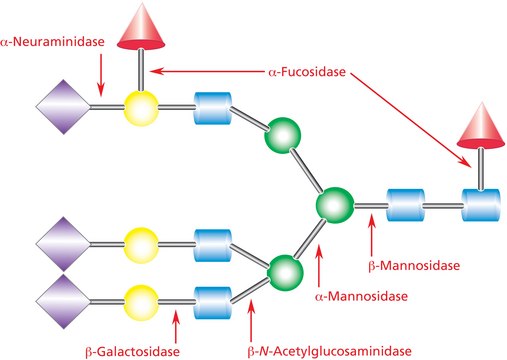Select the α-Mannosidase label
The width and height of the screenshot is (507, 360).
point(335,296)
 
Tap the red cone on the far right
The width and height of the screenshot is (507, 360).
point(480,149)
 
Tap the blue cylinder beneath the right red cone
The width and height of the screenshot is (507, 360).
point(480,207)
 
